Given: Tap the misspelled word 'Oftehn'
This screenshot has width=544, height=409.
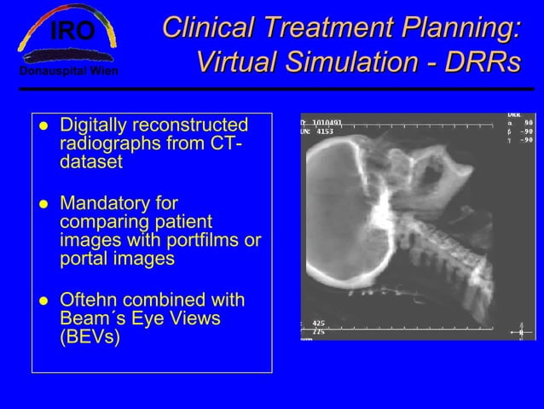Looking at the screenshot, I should tap(89, 301).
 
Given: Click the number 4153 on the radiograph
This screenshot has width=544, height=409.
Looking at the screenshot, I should tap(325, 132).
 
